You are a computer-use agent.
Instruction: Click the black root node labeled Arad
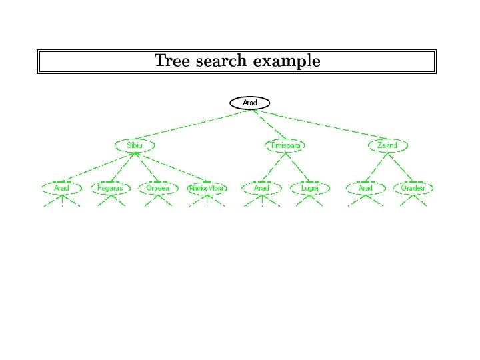tap(250, 103)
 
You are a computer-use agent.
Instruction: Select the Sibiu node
tap(134, 145)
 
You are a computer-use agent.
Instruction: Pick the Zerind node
tap(387, 145)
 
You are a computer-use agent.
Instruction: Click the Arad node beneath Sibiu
tap(62, 188)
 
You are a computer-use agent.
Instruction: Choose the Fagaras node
tap(110, 188)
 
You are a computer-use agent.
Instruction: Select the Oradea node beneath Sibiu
tap(158, 188)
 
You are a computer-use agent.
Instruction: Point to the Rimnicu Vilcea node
tap(207, 188)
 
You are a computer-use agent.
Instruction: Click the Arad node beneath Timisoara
tap(261, 188)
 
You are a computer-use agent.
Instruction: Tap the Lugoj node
tap(309, 188)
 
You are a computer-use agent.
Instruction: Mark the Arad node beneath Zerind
tap(365, 188)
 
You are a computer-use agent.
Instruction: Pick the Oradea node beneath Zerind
tap(413, 188)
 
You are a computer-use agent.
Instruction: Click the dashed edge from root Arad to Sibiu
tap(193, 123)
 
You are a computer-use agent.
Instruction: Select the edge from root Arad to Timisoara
tap(268, 124)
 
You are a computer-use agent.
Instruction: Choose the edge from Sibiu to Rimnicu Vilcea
tap(171, 167)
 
